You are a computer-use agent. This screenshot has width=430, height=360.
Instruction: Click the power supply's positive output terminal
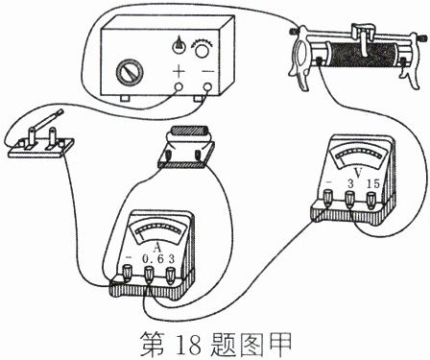click(x=179, y=87)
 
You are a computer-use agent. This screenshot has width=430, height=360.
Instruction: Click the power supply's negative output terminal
click(x=208, y=87)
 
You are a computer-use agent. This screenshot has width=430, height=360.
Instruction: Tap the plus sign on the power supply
click(x=179, y=71)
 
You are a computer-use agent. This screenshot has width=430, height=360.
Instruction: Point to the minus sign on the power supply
click(x=208, y=71)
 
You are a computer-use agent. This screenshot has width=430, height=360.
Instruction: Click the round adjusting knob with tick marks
click(x=203, y=50)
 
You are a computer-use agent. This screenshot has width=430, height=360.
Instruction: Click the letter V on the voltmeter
click(x=358, y=173)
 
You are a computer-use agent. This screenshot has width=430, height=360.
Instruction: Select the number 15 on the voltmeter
click(x=372, y=183)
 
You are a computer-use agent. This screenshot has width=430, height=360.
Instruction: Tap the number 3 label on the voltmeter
click(x=350, y=183)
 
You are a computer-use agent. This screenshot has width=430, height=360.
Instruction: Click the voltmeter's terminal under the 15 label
click(x=370, y=199)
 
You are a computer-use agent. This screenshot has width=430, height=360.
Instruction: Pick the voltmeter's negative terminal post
click(x=328, y=198)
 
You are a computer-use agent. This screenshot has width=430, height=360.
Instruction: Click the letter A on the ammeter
click(x=156, y=248)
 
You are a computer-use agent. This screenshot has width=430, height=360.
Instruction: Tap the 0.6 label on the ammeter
click(x=153, y=258)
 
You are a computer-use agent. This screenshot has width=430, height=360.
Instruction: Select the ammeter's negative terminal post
click(x=128, y=274)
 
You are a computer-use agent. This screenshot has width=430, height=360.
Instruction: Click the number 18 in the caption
click(x=189, y=345)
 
